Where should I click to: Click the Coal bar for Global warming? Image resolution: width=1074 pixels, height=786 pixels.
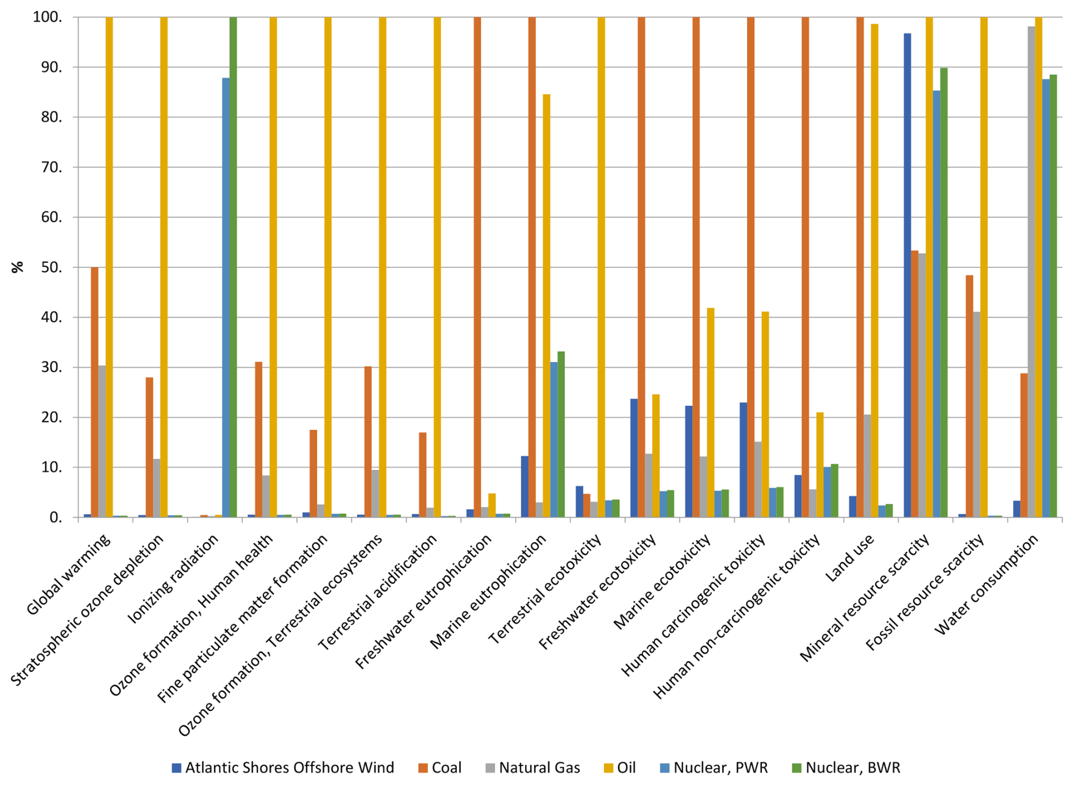[94, 392]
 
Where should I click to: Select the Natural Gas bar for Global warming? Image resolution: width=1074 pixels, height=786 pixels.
[102, 442]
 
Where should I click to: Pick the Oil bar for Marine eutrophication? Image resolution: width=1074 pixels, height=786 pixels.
[546, 306]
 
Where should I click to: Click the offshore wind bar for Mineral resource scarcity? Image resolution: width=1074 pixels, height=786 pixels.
[907, 275]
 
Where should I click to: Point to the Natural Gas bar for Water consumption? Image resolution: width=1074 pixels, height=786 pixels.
[1031, 272]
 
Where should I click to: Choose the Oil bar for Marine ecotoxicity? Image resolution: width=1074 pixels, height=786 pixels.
[710, 413]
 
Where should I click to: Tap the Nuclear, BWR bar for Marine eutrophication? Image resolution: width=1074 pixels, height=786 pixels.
[561, 434]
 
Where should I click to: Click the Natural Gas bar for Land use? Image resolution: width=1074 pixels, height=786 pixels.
[867, 466]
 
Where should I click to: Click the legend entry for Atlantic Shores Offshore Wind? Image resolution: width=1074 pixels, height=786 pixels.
[283, 768]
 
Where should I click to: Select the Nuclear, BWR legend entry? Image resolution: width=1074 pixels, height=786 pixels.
[846, 768]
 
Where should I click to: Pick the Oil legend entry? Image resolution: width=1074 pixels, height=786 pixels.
[619, 768]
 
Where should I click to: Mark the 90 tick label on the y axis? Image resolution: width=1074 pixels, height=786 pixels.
[48, 68]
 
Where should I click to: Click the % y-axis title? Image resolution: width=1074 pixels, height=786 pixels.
[18, 267]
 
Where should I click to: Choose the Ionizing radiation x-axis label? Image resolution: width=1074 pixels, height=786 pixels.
[174, 579]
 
